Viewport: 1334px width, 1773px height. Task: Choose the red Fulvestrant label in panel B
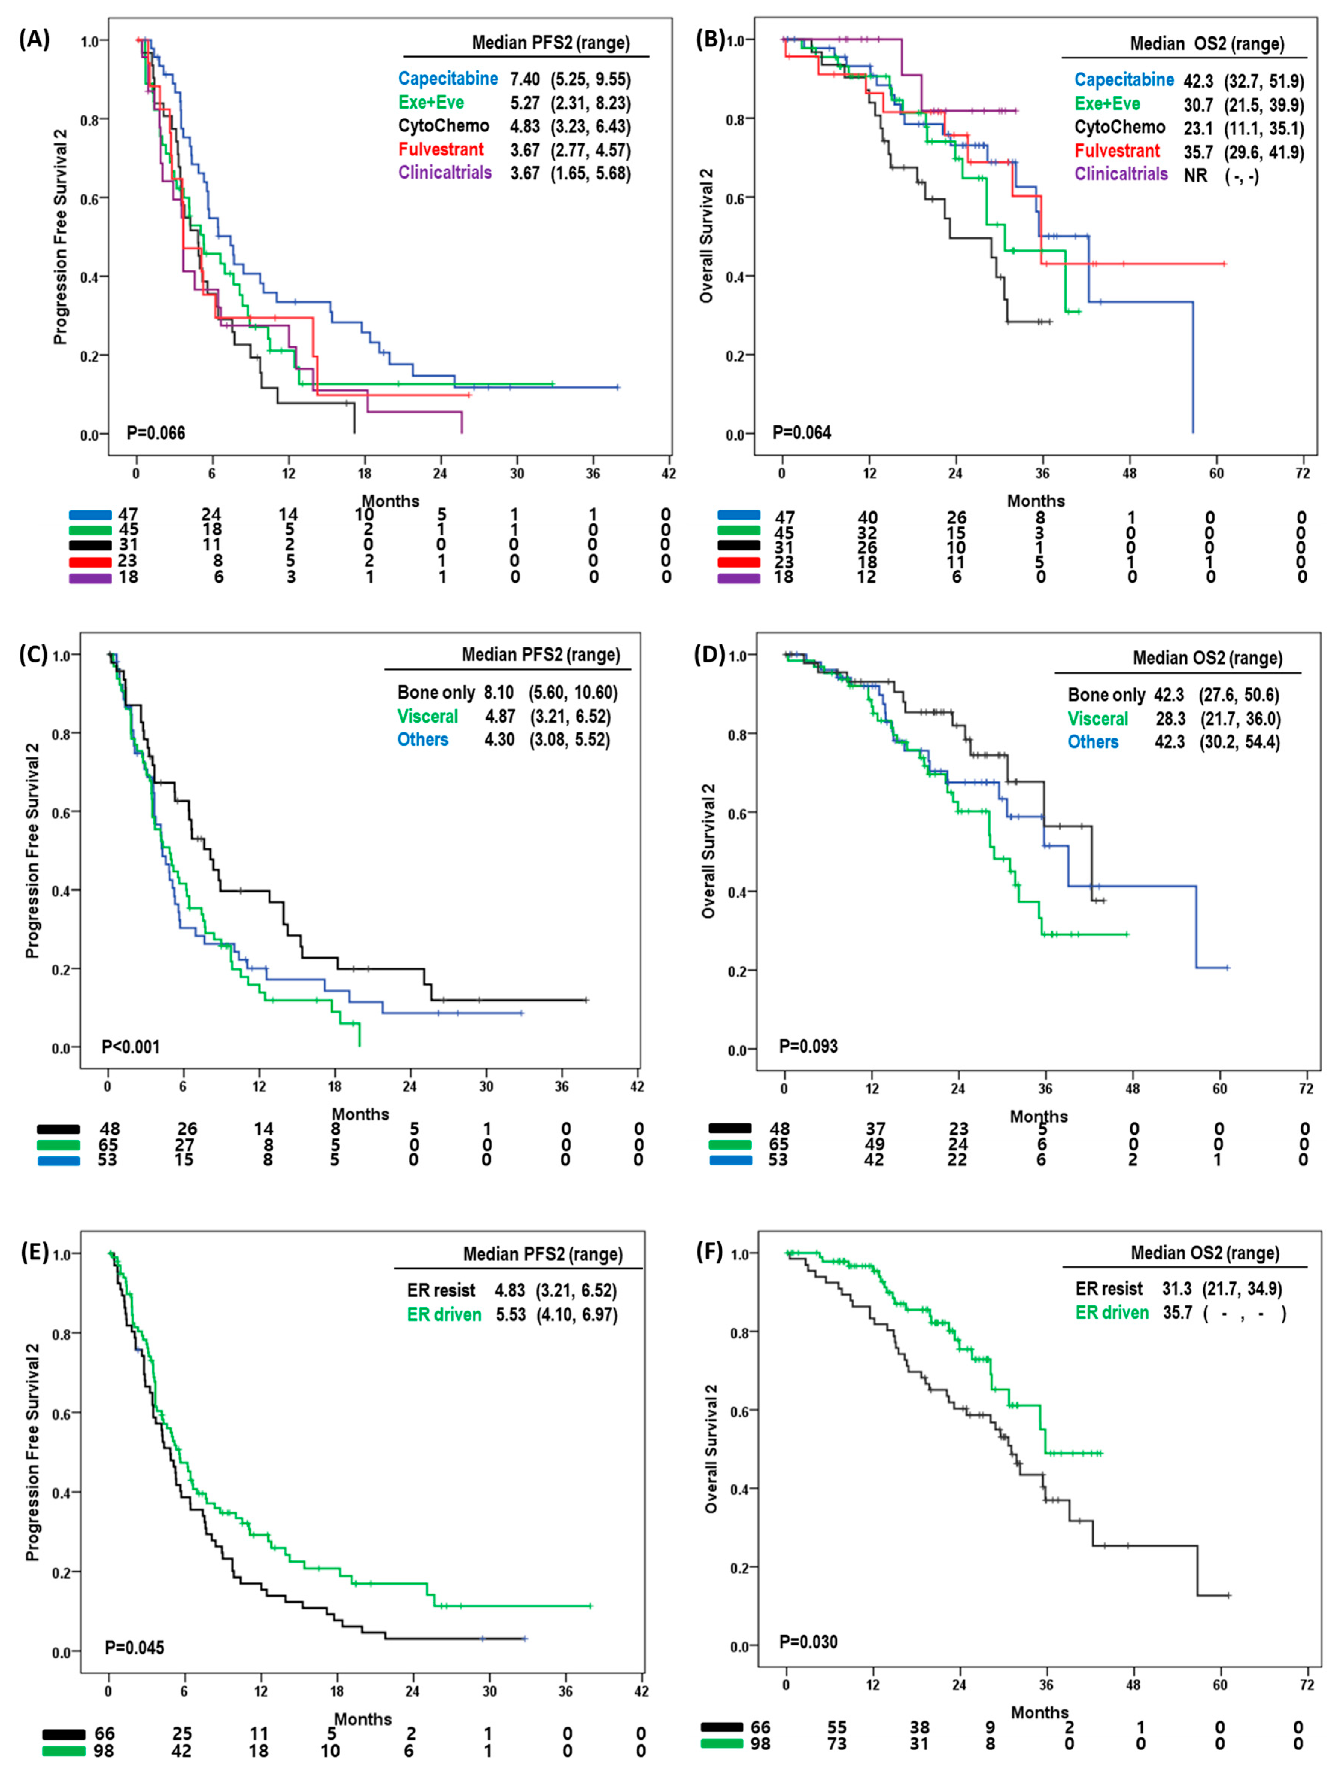pos(1117,151)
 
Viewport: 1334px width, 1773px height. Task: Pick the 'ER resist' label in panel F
pos(1109,1289)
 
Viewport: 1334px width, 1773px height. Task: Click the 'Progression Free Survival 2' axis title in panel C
pos(32,849)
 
